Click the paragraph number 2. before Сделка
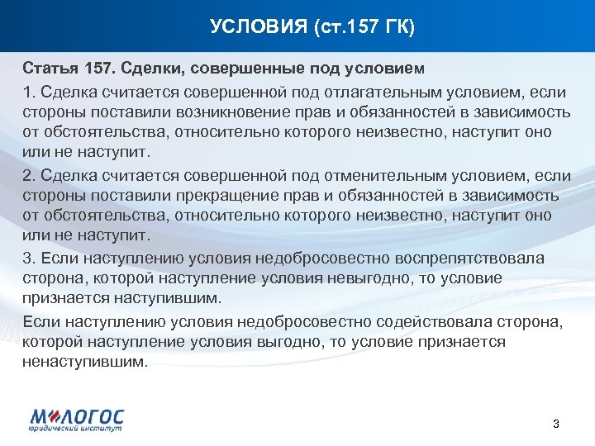point(30,175)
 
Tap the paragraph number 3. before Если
point(30,259)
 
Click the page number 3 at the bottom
point(555,424)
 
